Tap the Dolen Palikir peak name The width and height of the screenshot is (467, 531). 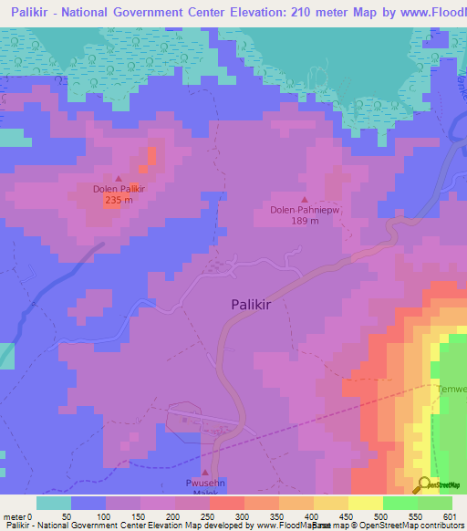(119, 189)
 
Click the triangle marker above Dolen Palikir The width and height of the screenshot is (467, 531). (119, 178)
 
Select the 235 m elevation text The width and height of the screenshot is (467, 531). (119, 200)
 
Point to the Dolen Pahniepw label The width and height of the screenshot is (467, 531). (305, 209)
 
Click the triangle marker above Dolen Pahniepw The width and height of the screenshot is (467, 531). (305, 199)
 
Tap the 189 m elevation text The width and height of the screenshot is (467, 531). (305, 220)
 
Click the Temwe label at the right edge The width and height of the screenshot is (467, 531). (452, 390)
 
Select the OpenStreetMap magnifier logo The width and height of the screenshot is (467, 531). (424, 484)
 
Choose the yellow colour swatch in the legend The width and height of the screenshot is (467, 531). (366, 503)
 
